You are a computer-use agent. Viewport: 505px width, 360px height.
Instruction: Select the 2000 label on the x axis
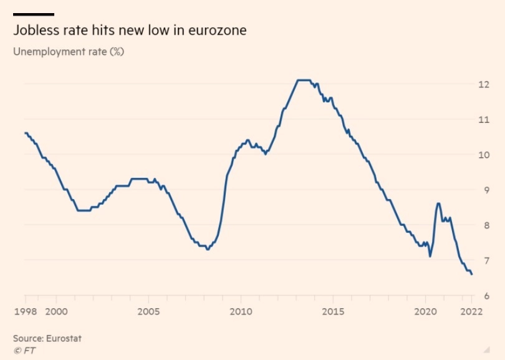click(x=56, y=311)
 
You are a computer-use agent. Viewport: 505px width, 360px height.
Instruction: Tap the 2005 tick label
click(x=148, y=311)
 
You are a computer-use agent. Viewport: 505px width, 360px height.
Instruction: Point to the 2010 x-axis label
click(x=241, y=311)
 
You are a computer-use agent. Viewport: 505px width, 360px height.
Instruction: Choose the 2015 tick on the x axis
click(x=334, y=311)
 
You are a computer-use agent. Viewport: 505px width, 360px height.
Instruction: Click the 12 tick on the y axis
click(x=483, y=84)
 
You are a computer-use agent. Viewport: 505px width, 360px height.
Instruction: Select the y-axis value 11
click(x=483, y=119)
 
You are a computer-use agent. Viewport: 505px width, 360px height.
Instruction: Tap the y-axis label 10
click(x=483, y=155)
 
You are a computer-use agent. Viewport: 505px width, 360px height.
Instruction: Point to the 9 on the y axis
click(x=484, y=190)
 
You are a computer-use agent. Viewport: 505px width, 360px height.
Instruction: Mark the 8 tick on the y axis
click(x=484, y=225)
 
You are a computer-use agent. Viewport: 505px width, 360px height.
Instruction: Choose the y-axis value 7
click(x=484, y=260)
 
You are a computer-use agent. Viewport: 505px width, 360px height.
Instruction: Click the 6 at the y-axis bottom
click(x=484, y=296)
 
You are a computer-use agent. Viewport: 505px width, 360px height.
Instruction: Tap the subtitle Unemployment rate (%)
click(x=69, y=52)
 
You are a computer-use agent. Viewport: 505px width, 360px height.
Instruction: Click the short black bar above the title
click(x=33, y=14)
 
